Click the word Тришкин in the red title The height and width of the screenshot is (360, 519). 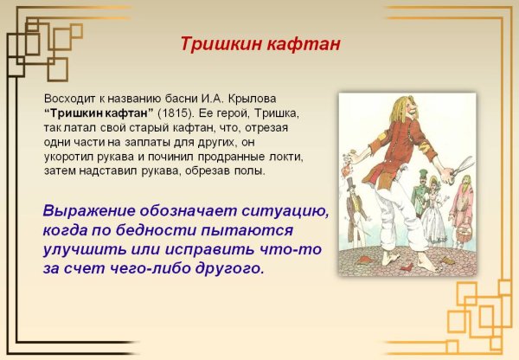(217, 43)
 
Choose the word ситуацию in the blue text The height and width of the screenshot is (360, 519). (281, 213)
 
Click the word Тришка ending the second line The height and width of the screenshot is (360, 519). (279, 112)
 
